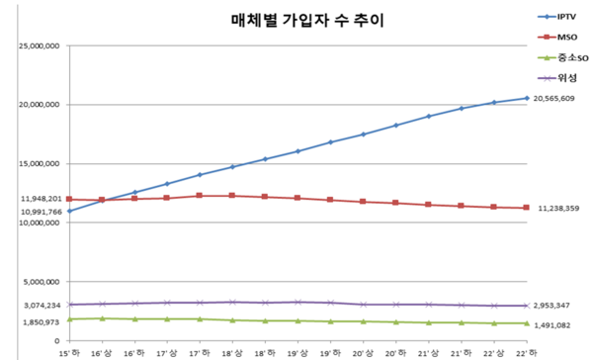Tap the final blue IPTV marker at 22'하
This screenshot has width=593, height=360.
coord(526,98)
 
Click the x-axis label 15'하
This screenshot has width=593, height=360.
coord(69,351)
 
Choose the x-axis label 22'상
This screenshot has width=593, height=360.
coord(493,351)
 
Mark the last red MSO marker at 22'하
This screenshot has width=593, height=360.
coord(526,208)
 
